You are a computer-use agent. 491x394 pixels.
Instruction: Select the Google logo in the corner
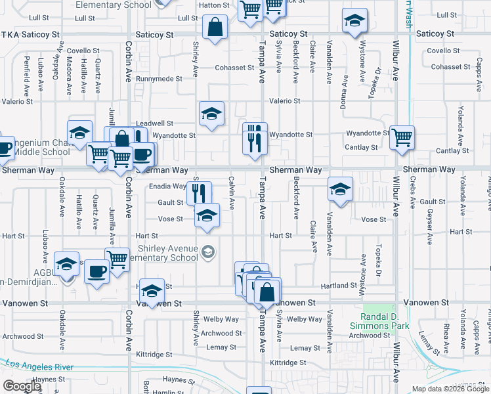pyautogui.click(x=22, y=386)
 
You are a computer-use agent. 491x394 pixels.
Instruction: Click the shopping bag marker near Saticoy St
pyautogui.click(x=215, y=28)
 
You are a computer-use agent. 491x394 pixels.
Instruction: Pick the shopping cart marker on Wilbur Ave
pyautogui.click(x=402, y=139)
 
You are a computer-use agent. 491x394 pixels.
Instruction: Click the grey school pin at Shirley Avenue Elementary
pyautogui.click(x=208, y=252)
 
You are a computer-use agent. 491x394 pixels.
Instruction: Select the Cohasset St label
pyautogui.click(x=234, y=68)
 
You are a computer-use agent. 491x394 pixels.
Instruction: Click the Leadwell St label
pyautogui.click(x=154, y=123)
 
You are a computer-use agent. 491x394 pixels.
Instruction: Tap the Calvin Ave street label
pyautogui.click(x=231, y=193)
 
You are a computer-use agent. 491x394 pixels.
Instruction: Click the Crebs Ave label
pyautogui.click(x=413, y=190)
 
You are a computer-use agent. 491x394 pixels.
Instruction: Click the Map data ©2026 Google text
pyautogui.click(x=450, y=389)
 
